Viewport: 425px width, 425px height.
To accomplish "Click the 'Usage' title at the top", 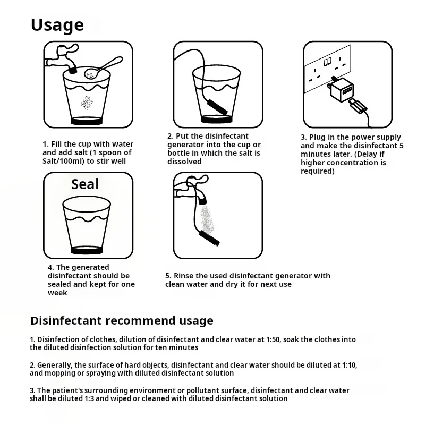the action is click(57, 25).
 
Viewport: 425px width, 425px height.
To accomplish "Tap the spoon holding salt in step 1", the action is click(103, 68).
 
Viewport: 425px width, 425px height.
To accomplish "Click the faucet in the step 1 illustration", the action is click(62, 59).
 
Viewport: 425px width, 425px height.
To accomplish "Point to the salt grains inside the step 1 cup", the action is click(87, 103).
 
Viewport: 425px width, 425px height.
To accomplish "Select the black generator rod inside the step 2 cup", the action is click(217, 107).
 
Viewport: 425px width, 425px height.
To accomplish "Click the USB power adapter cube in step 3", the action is click(341, 90).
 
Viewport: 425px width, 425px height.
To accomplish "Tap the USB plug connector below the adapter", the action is click(358, 107).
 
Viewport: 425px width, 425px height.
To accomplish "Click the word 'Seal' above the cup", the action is click(85, 184).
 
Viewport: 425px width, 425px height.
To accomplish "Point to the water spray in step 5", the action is click(207, 219).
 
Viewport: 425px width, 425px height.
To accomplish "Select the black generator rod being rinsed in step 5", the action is click(209, 238).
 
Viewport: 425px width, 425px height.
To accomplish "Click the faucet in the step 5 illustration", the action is click(191, 189).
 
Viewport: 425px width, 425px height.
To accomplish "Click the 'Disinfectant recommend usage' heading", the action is click(122, 321).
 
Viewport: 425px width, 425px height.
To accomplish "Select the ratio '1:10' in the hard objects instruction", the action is click(350, 365).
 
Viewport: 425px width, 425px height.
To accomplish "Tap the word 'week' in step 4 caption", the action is click(57, 293).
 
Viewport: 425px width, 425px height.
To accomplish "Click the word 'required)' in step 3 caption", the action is click(317, 171).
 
